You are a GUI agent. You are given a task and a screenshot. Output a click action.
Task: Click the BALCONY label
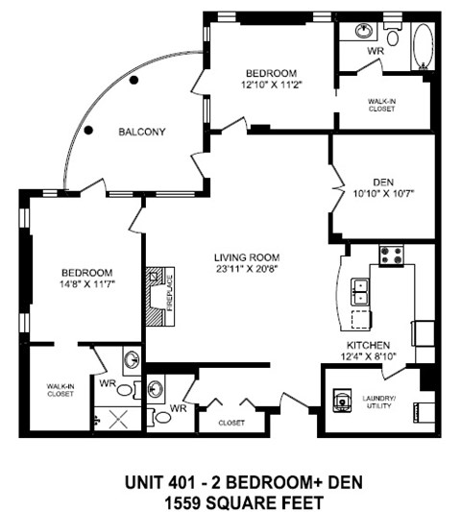(x=142, y=132)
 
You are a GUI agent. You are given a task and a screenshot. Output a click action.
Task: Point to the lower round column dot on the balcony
(x=87, y=129)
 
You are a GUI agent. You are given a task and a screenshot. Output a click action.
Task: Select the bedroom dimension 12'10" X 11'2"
(x=270, y=85)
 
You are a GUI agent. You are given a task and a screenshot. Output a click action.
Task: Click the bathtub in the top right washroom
(x=421, y=45)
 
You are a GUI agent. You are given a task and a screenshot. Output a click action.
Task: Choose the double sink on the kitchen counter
(x=362, y=288)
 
